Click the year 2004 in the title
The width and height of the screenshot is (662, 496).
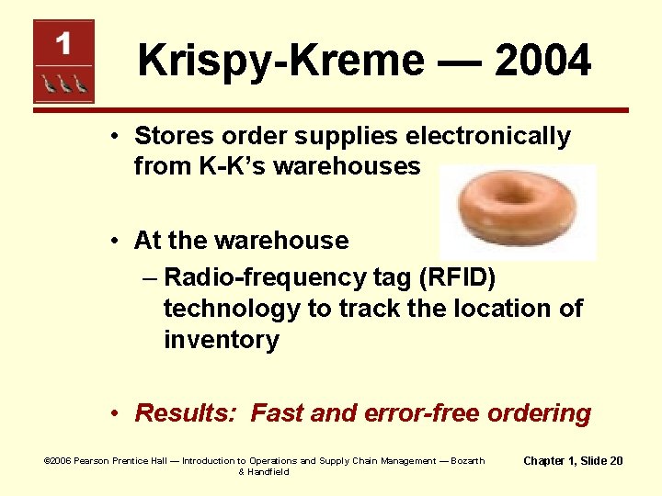pyautogui.click(x=542, y=62)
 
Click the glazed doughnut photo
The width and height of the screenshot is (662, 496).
pyautogui.click(x=518, y=212)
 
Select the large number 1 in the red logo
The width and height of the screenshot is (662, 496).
pyautogui.click(x=63, y=42)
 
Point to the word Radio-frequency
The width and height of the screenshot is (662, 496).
pyautogui.click(x=260, y=277)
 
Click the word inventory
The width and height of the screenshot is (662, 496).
pyautogui.click(x=221, y=340)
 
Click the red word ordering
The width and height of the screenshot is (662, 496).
pyautogui.click(x=540, y=413)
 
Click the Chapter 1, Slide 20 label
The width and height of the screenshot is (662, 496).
pyautogui.click(x=573, y=460)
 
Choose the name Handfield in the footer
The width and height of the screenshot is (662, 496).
pyautogui.click(x=268, y=471)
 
